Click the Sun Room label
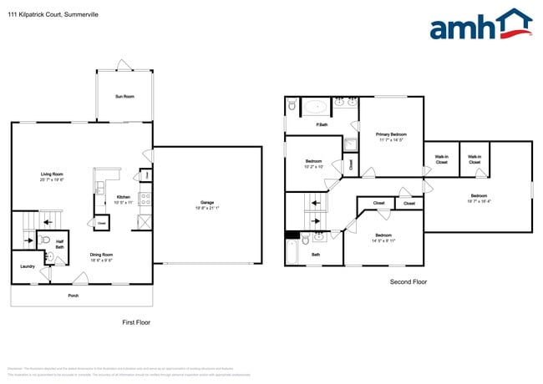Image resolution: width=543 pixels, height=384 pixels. coord(124,97)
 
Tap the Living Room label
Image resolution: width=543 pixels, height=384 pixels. coord(52,175)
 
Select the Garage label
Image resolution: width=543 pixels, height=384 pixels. coord(206,202)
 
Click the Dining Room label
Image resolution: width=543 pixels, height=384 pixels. coord(102,255)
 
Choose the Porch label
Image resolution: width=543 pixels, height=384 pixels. coord(74,295)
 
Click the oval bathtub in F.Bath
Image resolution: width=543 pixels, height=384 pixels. coord(316,106)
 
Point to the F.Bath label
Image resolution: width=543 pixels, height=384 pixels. coord(321,125)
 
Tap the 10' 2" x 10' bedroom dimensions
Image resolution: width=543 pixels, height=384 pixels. coord(314,166)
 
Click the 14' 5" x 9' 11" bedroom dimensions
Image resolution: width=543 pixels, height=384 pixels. coord(383,240)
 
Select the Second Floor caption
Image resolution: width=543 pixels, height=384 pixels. coord(409,282)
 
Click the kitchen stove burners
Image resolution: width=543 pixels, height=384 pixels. coord(145,199)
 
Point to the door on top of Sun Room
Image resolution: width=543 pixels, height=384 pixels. coord(124,66)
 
